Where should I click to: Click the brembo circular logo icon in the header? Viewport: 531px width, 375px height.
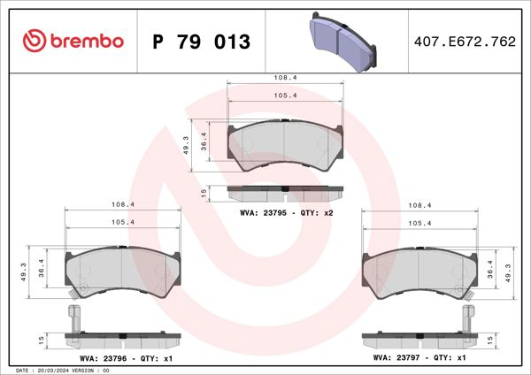click(33, 41)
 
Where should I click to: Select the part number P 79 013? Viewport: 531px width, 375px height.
click(202, 42)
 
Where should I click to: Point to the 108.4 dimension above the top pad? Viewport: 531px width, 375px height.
click(285, 78)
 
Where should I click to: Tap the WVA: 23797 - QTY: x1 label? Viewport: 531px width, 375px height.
click(419, 358)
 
